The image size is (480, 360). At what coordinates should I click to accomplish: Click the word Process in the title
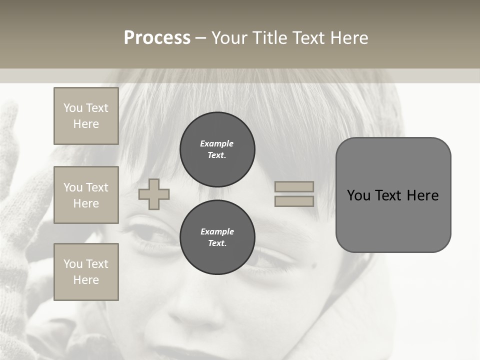[157, 38]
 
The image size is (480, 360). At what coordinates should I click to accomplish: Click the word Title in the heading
[269, 38]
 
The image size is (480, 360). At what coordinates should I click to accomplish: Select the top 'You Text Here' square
[86, 116]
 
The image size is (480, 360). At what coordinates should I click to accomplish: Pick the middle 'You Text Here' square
[86, 195]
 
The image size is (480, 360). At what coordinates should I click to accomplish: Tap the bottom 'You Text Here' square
[86, 272]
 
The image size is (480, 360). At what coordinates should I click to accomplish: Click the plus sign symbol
[154, 194]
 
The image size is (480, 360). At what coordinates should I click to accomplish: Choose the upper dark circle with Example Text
[217, 149]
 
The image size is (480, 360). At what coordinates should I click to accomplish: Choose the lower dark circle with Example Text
[217, 237]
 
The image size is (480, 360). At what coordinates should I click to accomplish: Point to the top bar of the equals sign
[294, 187]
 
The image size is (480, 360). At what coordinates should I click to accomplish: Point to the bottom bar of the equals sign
[294, 201]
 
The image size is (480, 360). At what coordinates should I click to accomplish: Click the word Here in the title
[348, 38]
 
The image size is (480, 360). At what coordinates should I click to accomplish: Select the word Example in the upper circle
[217, 143]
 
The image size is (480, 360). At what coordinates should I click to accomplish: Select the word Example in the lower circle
[217, 231]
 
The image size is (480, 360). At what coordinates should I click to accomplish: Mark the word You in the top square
[73, 108]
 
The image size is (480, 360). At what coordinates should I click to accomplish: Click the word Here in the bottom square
[86, 280]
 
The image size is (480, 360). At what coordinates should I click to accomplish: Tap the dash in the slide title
[200, 38]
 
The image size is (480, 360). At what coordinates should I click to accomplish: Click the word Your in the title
[229, 38]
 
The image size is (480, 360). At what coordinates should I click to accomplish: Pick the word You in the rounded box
[359, 195]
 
